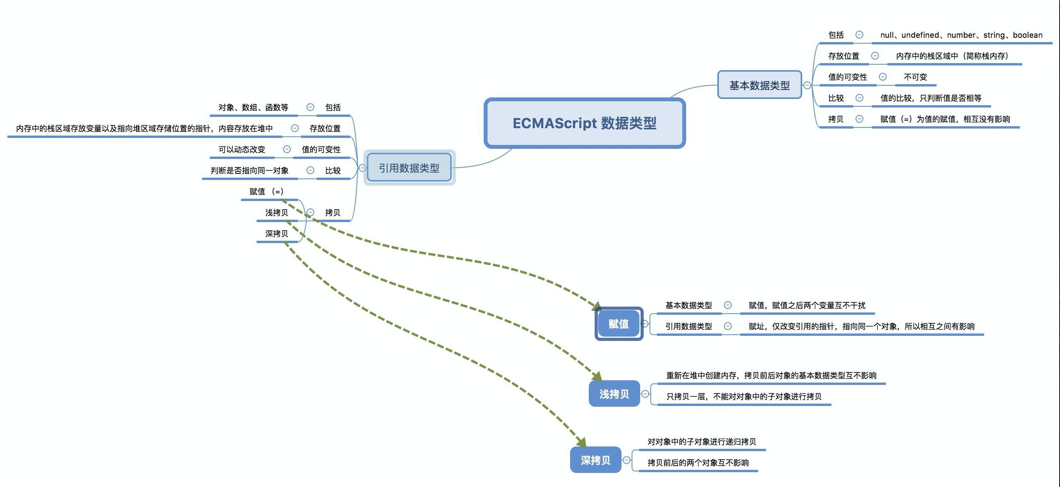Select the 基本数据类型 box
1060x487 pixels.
tap(760, 85)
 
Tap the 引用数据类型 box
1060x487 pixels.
tap(409, 168)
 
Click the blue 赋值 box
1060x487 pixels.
tap(619, 324)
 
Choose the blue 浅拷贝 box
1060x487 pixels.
tap(615, 394)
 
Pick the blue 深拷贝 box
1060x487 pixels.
tap(595, 460)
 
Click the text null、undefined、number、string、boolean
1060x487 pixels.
tap(961, 35)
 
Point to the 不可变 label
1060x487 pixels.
tap(916, 77)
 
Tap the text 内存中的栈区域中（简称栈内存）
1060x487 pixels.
tap(952, 56)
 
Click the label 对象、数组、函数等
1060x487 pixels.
tap(254, 108)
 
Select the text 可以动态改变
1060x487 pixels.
tap(242, 150)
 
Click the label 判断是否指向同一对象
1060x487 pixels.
tap(250, 170)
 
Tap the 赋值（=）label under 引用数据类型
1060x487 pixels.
tap(266, 191)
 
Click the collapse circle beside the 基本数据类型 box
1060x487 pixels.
tap(807, 85)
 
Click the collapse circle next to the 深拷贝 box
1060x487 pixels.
tap(626, 460)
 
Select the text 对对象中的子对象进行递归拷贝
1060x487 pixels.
tap(702, 442)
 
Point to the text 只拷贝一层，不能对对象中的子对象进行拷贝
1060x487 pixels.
tap(744, 397)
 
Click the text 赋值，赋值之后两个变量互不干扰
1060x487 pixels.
tap(807, 305)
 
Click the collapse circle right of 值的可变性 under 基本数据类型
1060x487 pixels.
tap(883, 77)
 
